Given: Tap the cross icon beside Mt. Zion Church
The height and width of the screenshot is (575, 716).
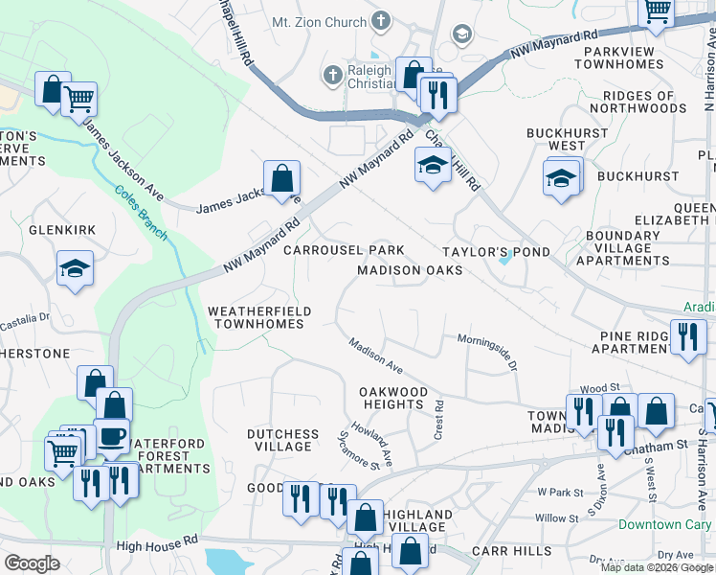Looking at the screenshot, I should (381, 21).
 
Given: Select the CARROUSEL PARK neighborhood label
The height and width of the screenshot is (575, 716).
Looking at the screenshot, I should (344, 250).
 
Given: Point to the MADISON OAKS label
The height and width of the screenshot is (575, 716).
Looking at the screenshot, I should (410, 270).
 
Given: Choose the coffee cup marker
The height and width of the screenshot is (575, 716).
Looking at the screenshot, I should (114, 437).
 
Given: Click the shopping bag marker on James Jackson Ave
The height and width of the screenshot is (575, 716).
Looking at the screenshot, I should (281, 178).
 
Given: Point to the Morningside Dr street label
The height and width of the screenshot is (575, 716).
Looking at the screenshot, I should (487, 348).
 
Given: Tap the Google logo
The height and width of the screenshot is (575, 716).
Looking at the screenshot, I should (33, 563).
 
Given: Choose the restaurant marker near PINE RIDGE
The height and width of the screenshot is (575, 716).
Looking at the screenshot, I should (687, 337).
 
